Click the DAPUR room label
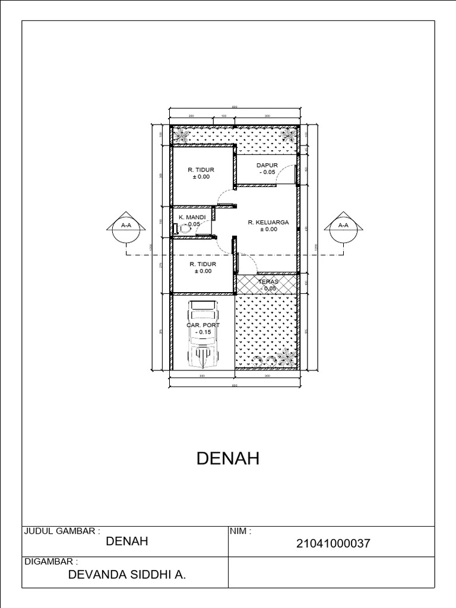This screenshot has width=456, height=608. (x=267, y=165)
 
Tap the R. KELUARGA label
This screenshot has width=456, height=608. (x=268, y=222)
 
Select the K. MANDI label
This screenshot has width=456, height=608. (x=192, y=218)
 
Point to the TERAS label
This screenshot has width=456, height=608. (x=268, y=281)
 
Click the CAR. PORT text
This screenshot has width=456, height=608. (x=203, y=325)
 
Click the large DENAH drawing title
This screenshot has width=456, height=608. (x=227, y=458)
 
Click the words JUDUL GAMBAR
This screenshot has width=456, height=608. (x=61, y=531)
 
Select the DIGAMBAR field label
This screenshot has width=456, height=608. (x=50, y=561)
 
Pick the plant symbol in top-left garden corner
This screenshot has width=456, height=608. (x=182, y=136)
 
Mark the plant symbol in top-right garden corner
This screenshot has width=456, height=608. (x=290, y=134)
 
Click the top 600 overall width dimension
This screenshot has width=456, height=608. (x=235, y=107)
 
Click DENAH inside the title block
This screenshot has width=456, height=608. (x=126, y=541)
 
